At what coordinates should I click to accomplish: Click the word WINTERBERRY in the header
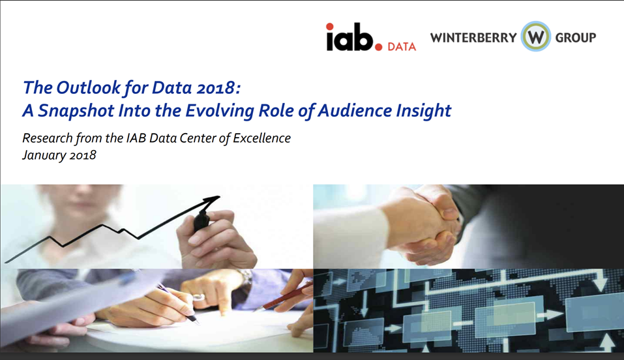pyautogui.click(x=473, y=38)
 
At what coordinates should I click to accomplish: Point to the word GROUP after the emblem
pyautogui.click(x=575, y=38)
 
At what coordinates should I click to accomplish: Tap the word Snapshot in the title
pyautogui.click(x=76, y=110)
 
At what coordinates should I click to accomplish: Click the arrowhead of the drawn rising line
pyautogui.click(x=213, y=199)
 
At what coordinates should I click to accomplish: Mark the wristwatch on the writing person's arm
pyautogui.click(x=245, y=277)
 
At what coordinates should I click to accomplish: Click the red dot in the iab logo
pyautogui.click(x=379, y=46)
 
